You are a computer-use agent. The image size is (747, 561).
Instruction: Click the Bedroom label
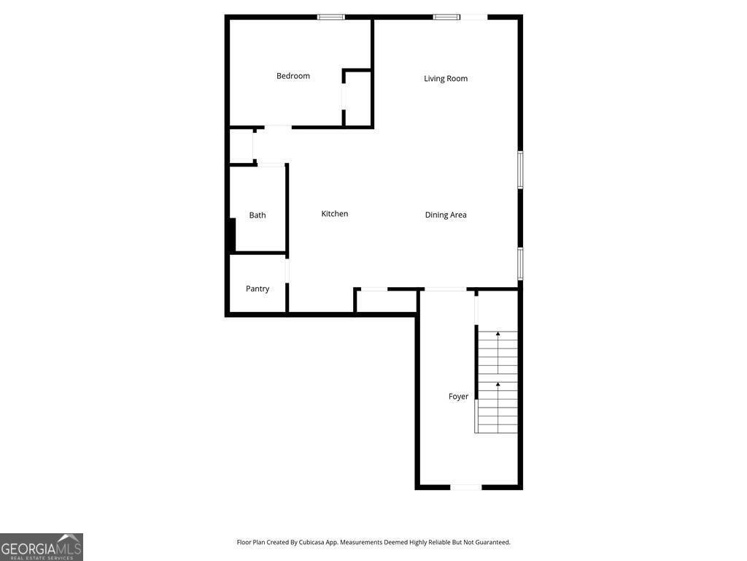pyautogui.click(x=293, y=76)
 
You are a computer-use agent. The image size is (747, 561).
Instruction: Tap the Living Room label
pyautogui.click(x=446, y=79)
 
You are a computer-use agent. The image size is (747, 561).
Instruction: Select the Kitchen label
pyautogui.click(x=334, y=214)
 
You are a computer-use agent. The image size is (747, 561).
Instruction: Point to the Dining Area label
pyautogui.click(x=446, y=215)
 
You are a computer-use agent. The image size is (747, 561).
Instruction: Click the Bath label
pyautogui.click(x=258, y=215)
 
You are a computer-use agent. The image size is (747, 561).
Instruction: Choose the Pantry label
pyautogui.click(x=258, y=289)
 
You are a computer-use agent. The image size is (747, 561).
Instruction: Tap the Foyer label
pyautogui.click(x=458, y=397)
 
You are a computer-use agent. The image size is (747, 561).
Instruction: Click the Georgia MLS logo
pyautogui.click(x=42, y=546)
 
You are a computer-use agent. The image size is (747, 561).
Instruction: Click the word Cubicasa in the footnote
pyautogui.click(x=311, y=543)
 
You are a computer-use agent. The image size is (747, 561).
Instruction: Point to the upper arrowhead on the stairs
pyautogui.click(x=498, y=334)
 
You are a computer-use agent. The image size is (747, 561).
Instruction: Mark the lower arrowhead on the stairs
pyautogui.click(x=498, y=384)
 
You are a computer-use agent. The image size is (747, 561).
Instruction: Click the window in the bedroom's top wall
pyautogui.click(x=331, y=18)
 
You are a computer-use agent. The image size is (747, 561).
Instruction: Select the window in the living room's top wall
pyautogui.click(x=446, y=18)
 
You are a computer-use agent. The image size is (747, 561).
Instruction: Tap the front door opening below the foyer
pyautogui.click(x=466, y=487)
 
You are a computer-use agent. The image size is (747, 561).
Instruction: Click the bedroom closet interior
pyautogui.click(x=358, y=99)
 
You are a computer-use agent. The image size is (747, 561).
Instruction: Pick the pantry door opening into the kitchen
pyautogui.click(x=287, y=270)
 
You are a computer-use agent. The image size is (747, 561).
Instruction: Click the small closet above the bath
pyautogui.click(x=241, y=146)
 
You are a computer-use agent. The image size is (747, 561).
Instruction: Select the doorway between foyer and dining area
pyautogui.click(x=445, y=289)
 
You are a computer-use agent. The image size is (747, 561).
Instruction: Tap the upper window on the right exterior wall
pyautogui.click(x=520, y=169)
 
